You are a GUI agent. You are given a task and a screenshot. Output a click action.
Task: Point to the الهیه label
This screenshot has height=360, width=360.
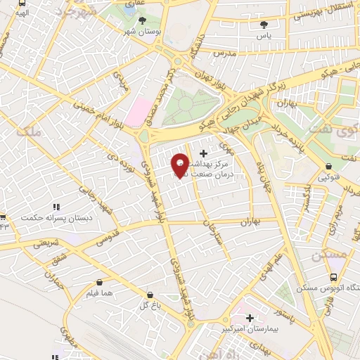22,13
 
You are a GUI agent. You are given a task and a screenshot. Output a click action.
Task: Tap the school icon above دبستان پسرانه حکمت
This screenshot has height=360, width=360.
56,207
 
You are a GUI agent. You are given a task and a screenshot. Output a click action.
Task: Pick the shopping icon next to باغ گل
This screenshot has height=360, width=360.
148,295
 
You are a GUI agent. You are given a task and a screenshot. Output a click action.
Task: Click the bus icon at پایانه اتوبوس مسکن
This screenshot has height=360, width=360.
335,276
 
